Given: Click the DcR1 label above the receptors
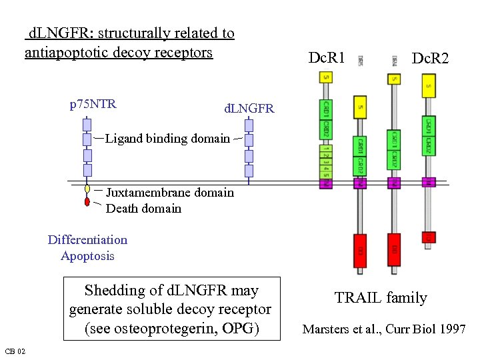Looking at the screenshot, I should click(327, 58).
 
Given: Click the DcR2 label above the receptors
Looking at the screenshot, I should click(430, 59).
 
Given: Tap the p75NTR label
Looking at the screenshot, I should click(93, 103).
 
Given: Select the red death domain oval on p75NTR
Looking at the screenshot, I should click(87, 201).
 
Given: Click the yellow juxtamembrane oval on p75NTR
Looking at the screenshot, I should click(87, 189).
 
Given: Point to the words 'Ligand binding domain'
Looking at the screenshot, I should click(167, 139).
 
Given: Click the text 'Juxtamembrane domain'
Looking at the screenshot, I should click(170, 193).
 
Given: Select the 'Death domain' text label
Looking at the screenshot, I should click(143, 209).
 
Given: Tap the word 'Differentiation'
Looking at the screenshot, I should click(87, 240).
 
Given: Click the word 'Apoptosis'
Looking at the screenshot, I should click(87, 256).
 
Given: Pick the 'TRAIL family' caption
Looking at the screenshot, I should click(381, 298).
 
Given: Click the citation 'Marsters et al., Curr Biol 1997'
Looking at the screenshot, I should click(384, 329).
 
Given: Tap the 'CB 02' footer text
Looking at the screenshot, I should click(15, 351).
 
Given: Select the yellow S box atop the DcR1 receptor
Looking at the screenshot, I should click(326, 79).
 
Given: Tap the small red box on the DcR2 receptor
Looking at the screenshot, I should click(429, 237).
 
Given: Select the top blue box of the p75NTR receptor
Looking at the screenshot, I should click(87, 125).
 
